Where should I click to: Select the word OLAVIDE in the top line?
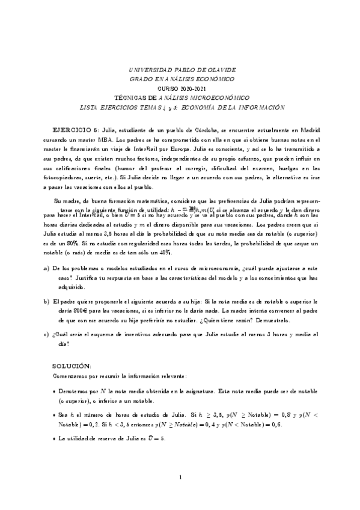coord(221,70)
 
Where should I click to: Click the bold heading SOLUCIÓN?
coord(71,365)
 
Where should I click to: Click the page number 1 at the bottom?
coord(180,478)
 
